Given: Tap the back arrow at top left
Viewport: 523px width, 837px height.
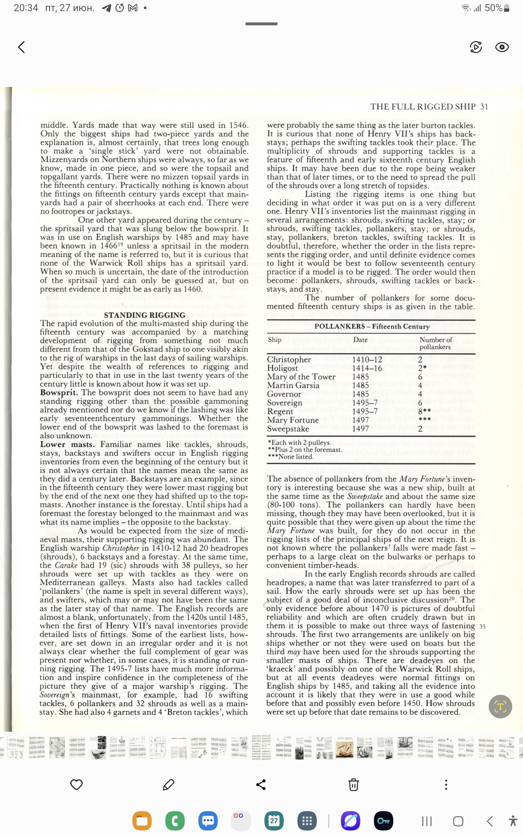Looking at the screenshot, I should click(x=22, y=47).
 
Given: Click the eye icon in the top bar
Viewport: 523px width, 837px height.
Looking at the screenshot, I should click(x=501, y=47).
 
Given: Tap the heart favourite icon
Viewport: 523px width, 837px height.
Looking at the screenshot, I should click(x=76, y=784).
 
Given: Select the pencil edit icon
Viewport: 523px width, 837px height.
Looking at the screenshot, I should click(x=168, y=784).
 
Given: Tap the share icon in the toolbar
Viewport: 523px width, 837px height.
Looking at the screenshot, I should click(x=261, y=784).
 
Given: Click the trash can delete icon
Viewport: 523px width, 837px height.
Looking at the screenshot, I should click(x=353, y=784).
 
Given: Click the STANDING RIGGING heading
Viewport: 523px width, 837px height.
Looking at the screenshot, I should click(x=144, y=315).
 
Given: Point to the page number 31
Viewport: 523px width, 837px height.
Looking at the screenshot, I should click(x=484, y=107).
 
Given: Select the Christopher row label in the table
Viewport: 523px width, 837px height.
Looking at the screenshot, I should click(x=289, y=360).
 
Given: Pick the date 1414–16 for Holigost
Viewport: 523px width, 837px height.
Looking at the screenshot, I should click(x=367, y=368).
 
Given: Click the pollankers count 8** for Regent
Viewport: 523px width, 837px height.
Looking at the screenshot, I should click(x=424, y=411).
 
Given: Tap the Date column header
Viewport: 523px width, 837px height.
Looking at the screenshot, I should click(x=361, y=340).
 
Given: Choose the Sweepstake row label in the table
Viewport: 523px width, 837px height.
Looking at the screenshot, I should click(x=288, y=429).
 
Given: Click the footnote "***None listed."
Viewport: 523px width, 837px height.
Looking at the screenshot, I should click(x=291, y=456).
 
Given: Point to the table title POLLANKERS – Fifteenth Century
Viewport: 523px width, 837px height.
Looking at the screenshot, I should click(x=372, y=327).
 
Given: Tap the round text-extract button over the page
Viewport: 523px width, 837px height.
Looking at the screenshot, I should click(x=500, y=707).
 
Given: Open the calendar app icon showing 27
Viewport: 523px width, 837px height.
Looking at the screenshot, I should click(x=274, y=821).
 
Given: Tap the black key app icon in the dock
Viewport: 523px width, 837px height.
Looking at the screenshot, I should click(x=383, y=821).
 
